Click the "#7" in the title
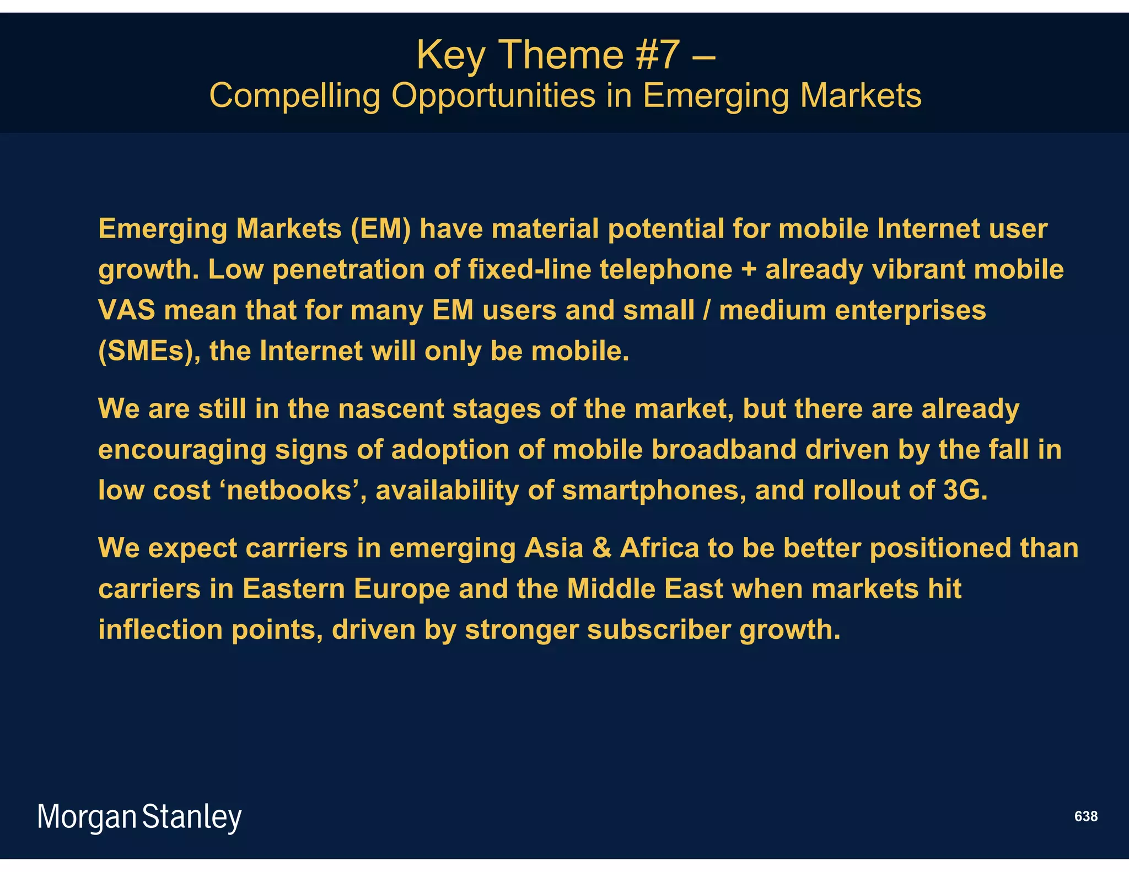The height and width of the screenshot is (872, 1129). pyautogui.click(x=658, y=55)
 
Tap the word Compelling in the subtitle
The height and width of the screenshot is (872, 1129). pyautogui.click(x=295, y=95)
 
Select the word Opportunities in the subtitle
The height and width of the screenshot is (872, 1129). pyautogui.click(x=493, y=95)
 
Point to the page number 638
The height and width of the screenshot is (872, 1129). pyautogui.click(x=1085, y=816)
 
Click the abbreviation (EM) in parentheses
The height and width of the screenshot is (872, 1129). pyautogui.click(x=381, y=229)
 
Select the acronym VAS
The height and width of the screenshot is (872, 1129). pyautogui.click(x=127, y=310)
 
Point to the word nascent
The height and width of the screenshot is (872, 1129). pyautogui.click(x=391, y=409)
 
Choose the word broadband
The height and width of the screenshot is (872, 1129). pyautogui.click(x=724, y=450)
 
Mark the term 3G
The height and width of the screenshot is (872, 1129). pyautogui.click(x=964, y=491)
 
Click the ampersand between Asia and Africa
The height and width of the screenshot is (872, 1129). pyautogui.click(x=601, y=548)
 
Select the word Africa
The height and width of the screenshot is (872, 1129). pyautogui.click(x=659, y=548)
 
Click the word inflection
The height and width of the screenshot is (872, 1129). pyautogui.click(x=160, y=630)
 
